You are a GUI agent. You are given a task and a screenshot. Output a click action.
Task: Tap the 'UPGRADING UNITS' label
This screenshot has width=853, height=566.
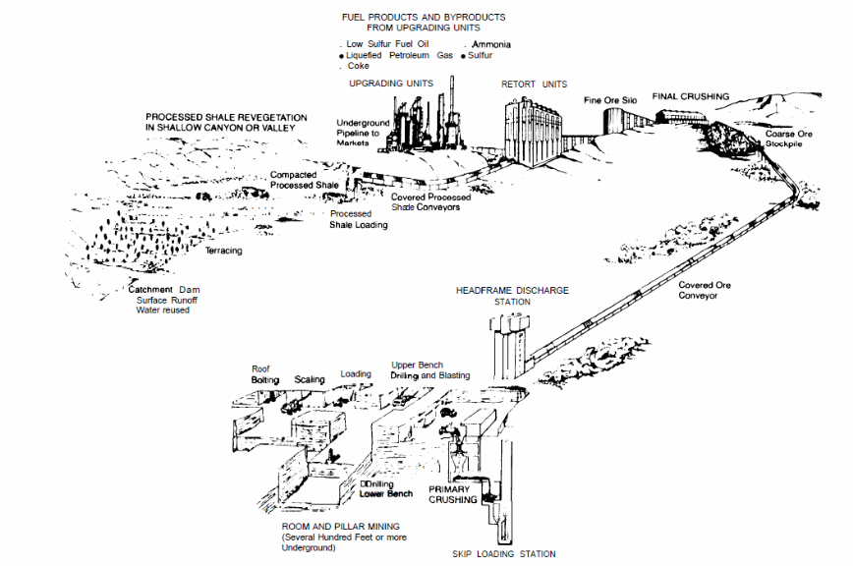click(x=391, y=84)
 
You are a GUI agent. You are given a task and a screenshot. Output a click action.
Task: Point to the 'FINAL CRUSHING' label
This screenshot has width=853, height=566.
click(x=692, y=96)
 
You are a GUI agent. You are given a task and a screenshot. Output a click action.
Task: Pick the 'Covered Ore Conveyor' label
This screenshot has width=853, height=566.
click(x=705, y=290)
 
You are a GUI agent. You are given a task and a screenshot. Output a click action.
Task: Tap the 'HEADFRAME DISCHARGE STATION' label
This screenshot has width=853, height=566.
click(x=512, y=296)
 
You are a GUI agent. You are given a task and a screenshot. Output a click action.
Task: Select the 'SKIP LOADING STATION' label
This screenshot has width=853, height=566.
click(x=502, y=554)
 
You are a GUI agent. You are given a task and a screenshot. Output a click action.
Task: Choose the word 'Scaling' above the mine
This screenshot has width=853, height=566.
click(x=310, y=379)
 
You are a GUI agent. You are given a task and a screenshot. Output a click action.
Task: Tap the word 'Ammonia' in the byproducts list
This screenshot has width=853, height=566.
click(x=491, y=45)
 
